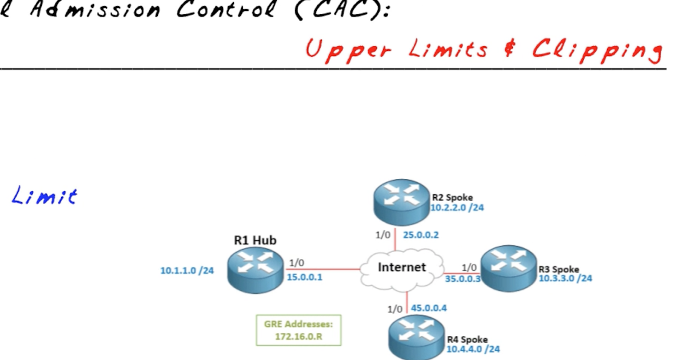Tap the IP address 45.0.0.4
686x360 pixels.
[429, 308]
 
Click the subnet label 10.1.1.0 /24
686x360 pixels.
[187, 270]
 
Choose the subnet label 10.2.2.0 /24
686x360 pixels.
[457, 207]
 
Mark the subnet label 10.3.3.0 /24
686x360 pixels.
[565, 278]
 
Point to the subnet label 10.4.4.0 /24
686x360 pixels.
[473, 349]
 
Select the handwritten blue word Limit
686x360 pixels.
[45, 197]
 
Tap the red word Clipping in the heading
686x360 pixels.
[597, 50]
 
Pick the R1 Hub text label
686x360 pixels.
[255, 240]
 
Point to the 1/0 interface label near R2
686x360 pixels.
[382, 234]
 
